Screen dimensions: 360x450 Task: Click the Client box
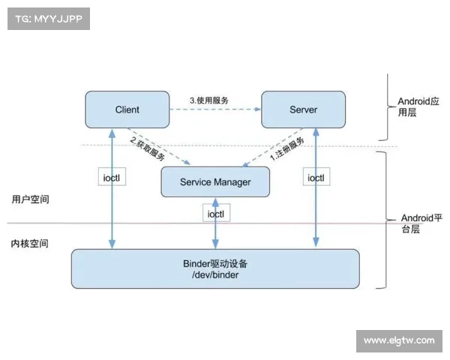click(x=127, y=109)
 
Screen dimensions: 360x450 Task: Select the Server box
click(x=303, y=109)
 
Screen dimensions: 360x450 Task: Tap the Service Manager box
click(x=215, y=182)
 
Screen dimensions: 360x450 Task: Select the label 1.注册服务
click(x=287, y=150)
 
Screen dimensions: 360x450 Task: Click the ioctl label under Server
click(x=316, y=178)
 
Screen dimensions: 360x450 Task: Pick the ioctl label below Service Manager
click(x=217, y=214)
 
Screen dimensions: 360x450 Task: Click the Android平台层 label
click(x=415, y=223)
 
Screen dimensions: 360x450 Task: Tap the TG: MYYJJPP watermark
click(x=47, y=19)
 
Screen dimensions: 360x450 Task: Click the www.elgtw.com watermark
click(x=398, y=341)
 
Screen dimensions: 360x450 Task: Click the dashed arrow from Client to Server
click(x=214, y=109)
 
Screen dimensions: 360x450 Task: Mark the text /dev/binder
click(x=215, y=277)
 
